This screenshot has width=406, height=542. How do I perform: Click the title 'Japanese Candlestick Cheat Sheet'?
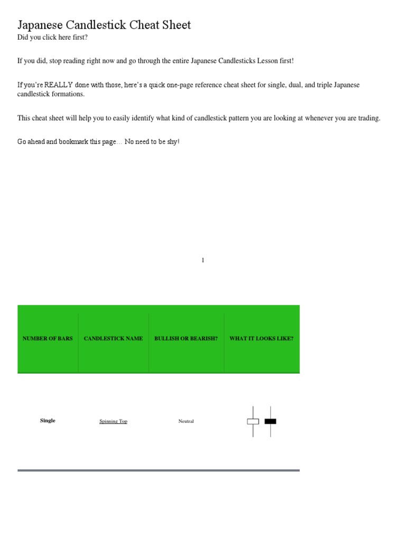104,25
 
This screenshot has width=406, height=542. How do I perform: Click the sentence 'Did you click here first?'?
52,37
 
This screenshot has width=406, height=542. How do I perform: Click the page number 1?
203,260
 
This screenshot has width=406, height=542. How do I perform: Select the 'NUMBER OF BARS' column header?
48,338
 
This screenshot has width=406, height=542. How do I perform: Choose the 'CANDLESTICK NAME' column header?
113,338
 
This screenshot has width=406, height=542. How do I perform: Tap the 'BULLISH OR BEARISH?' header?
186,338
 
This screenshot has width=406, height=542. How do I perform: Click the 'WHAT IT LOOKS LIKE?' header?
261,338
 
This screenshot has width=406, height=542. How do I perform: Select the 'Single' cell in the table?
48,421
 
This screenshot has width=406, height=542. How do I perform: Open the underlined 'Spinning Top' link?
113,421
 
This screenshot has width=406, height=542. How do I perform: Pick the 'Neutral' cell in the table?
186,421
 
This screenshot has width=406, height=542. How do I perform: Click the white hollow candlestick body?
253,421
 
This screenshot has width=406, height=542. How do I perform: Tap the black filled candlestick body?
270,421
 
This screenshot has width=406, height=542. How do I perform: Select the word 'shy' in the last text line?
172,142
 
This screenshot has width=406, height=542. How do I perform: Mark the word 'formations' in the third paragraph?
67,94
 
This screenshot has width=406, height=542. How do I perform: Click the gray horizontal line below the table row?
159,470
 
